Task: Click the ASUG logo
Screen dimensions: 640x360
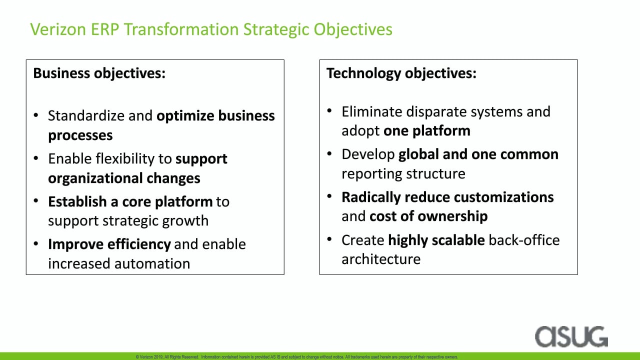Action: (x=571, y=336)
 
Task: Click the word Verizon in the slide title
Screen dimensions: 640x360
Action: (x=58, y=29)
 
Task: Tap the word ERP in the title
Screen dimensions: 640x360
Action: (x=105, y=29)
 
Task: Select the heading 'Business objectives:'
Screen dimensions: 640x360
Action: (x=99, y=73)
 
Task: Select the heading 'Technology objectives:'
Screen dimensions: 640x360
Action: (x=401, y=73)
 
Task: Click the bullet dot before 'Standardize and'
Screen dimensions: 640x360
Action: (x=35, y=115)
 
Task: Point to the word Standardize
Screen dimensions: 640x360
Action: (x=86, y=115)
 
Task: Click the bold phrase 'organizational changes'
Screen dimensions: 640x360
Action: (x=124, y=178)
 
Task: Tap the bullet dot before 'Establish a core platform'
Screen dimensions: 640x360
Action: (x=35, y=201)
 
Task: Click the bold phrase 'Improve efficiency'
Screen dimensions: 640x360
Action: (x=109, y=244)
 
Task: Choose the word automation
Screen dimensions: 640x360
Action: (x=152, y=263)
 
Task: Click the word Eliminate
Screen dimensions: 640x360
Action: (x=372, y=111)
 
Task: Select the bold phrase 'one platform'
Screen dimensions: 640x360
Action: (x=427, y=131)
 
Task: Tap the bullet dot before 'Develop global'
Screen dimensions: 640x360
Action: (x=329, y=153)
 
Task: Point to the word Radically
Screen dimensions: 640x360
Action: (x=371, y=197)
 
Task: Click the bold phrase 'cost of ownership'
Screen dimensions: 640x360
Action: (x=428, y=216)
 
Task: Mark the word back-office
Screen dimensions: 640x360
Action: (x=524, y=240)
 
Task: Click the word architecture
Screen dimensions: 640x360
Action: (x=381, y=259)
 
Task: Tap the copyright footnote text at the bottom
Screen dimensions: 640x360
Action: (x=297, y=357)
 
